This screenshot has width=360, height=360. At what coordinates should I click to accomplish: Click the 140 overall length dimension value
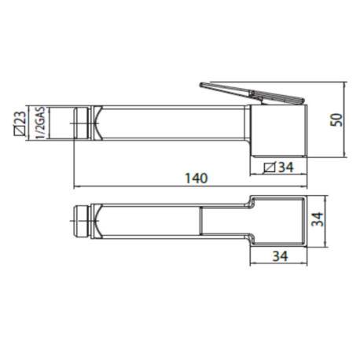(x=197, y=179)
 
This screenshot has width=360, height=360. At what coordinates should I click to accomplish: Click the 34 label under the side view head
(x=285, y=167)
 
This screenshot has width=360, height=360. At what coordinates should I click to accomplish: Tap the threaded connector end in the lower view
(x=81, y=220)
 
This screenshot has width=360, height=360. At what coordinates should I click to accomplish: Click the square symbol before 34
(x=269, y=167)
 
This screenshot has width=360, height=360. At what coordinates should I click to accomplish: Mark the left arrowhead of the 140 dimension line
(x=75, y=188)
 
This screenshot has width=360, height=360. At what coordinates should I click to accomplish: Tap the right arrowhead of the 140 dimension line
(x=303, y=188)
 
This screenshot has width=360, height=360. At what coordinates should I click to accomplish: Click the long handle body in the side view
(x=173, y=124)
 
